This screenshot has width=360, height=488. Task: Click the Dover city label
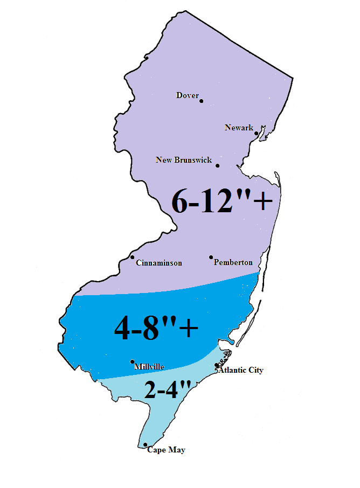coord(188,95)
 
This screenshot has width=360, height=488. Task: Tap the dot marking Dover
coord(202,101)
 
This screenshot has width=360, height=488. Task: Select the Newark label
coord(239,128)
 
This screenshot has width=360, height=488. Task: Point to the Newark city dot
coord(257,133)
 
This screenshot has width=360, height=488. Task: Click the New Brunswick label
coord(184,160)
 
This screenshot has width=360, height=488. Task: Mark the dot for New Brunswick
coord(217,165)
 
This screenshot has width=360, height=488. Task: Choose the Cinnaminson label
coord(159,263)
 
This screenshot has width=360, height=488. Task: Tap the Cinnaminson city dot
coord(133,257)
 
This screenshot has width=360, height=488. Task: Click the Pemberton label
coord(233,263)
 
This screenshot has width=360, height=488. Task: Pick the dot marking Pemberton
coord(211,257)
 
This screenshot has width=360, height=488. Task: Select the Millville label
coord(149,367)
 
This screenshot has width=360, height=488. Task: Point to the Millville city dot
coord(133,361)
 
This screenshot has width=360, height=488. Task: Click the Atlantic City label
coord(241,371)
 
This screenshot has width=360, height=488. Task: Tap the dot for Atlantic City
coord(217,366)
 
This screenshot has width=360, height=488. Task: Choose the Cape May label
coord(166,450)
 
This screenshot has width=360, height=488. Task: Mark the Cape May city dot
coord(146,445)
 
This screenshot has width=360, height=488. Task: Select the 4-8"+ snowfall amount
coord(156,328)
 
